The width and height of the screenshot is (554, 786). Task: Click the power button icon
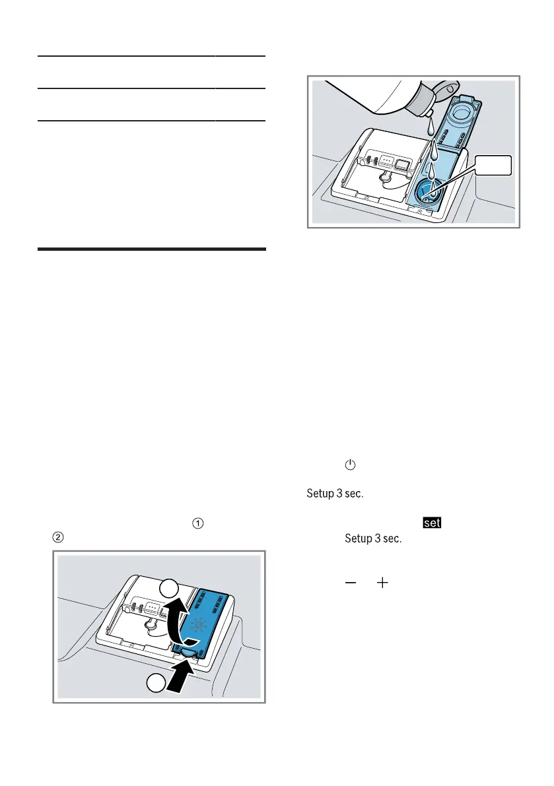coord(350,465)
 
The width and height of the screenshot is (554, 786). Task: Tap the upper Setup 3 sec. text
coord(335,494)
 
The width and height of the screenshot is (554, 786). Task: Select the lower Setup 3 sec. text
coord(373,539)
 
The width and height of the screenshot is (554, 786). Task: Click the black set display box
coord(433,523)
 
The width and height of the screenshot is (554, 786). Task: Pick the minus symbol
coord(350,584)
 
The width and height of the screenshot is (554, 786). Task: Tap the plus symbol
coord(383,584)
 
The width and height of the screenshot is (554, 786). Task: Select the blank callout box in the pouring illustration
coord(494,166)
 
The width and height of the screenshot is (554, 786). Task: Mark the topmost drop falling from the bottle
coord(429,126)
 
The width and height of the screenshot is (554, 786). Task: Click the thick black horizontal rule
coord(152,249)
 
